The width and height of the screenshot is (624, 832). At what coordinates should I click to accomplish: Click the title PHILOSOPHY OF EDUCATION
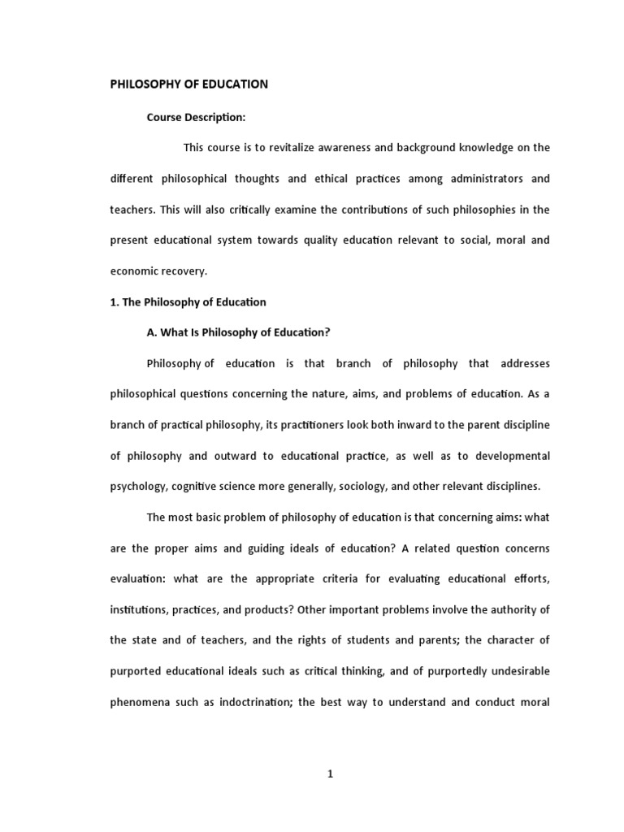pyautogui.click(x=189, y=84)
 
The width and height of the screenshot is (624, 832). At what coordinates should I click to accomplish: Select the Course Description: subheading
pyautogui.click(x=196, y=117)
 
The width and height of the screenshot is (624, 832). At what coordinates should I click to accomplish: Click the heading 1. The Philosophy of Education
pyautogui.click(x=188, y=301)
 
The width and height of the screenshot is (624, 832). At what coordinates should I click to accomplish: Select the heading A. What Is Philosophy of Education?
pyautogui.click(x=239, y=332)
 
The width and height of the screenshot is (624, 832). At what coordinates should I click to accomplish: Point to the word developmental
pyautogui.click(x=509, y=456)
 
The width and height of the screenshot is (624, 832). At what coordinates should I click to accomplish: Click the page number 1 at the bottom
pyautogui.click(x=330, y=774)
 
